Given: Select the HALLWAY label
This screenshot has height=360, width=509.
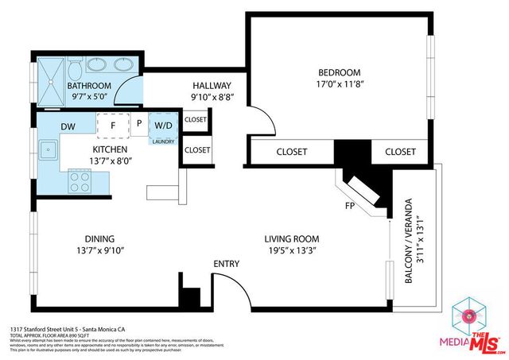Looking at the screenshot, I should [x=212, y=86].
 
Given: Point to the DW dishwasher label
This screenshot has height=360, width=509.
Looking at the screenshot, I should [x=68, y=126].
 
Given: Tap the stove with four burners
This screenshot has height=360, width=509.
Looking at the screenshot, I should [x=80, y=182].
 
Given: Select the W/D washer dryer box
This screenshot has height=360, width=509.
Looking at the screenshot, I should [x=165, y=125].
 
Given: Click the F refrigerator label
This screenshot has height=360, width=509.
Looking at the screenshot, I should [x=113, y=125].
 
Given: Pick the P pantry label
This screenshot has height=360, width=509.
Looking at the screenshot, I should [x=138, y=125].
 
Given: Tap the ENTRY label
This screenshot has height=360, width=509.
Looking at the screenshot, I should [x=225, y=264].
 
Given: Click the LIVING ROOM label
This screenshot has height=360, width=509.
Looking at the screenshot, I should [x=292, y=238].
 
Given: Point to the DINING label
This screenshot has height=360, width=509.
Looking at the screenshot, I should [x=100, y=238].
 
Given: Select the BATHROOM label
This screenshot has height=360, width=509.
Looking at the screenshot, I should [x=88, y=86].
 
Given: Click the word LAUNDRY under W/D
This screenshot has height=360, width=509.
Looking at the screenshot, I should [x=165, y=141].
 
